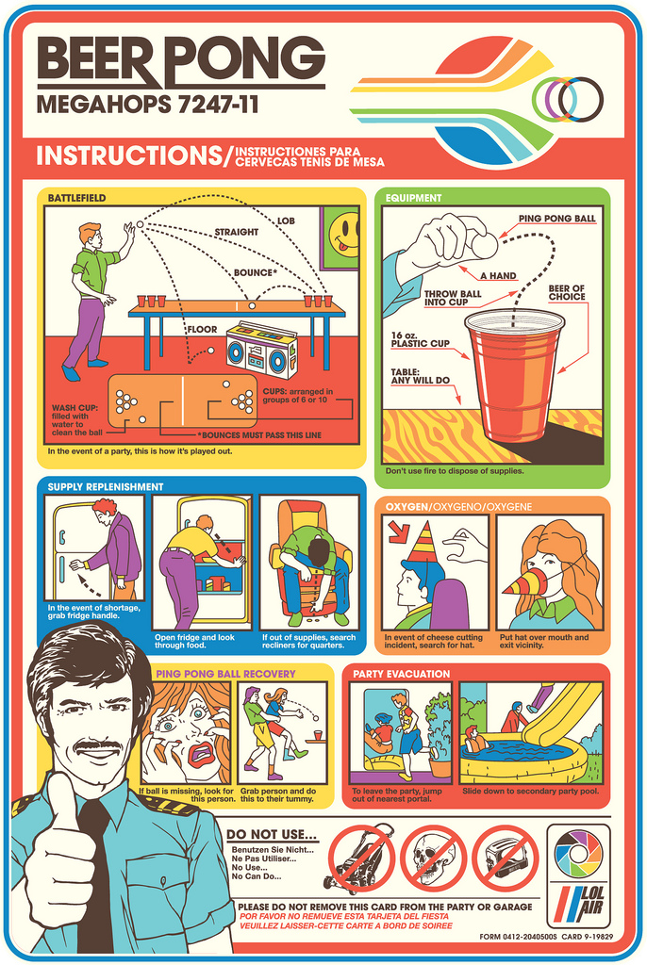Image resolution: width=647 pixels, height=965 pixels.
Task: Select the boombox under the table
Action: tap(261, 350)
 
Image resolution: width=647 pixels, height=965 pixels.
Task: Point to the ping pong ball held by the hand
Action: tap(485, 245)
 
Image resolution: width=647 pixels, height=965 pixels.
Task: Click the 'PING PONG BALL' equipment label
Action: tap(556, 219)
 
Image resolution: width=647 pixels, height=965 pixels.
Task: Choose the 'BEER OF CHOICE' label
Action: tap(566, 292)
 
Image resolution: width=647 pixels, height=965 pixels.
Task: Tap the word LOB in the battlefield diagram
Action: tap(285, 221)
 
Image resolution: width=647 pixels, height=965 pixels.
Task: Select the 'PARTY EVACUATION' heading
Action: tap(401, 674)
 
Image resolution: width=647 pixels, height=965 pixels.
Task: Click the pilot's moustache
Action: tap(98, 746)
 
